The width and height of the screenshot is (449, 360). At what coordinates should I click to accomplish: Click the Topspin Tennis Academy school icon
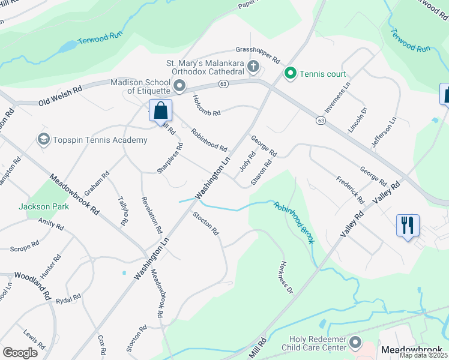43,140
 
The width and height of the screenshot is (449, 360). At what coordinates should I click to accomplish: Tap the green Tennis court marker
291,74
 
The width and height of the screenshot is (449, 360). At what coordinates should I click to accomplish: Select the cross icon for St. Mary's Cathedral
253,66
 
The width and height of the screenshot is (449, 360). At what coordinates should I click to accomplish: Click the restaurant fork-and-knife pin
408,226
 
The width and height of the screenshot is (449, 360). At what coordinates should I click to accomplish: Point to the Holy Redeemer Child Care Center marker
356,343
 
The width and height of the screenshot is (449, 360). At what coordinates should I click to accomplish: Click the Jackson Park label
43,206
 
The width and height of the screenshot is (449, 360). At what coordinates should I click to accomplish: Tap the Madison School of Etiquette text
140,86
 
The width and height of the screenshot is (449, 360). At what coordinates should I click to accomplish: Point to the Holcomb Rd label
207,104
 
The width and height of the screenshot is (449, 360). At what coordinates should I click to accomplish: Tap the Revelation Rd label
151,214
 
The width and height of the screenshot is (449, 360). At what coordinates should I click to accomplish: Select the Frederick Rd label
350,188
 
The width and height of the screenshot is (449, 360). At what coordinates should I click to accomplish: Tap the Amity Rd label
51,225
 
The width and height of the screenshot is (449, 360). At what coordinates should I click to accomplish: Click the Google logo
20,352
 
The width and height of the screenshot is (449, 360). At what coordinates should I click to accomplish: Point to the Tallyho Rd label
123,211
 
